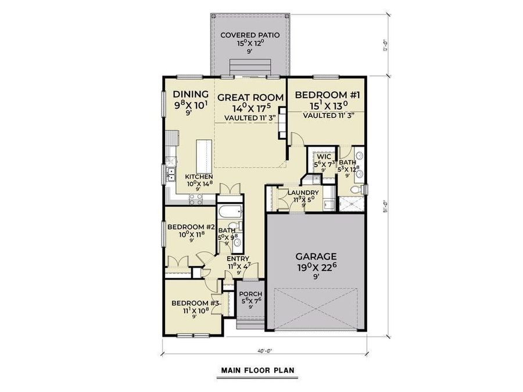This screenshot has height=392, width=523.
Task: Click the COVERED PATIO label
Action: pyautogui.click(x=250, y=35)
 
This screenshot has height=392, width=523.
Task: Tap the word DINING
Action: pyautogui.click(x=191, y=94)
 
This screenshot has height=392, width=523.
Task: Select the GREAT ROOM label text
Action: pyautogui.click(x=250, y=97)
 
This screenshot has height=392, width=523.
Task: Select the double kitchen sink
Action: pyautogui.click(x=171, y=172)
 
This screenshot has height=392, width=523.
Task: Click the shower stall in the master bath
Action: pyautogui.click(x=350, y=204)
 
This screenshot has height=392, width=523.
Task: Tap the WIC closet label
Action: pyautogui.click(x=324, y=157)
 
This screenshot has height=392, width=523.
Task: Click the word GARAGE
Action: pyautogui.click(x=316, y=256)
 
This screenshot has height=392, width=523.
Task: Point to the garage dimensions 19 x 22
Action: pyautogui.click(x=317, y=268)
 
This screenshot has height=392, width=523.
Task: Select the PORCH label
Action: pyautogui.click(x=251, y=294)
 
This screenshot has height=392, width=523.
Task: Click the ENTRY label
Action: pyautogui.click(x=238, y=259)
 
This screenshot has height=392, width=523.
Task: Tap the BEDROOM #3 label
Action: pyautogui.click(x=195, y=303)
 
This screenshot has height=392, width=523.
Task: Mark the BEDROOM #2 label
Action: pyautogui.click(x=191, y=227)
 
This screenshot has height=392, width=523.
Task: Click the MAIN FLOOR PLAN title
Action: pyautogui.click(x=258, y=369)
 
